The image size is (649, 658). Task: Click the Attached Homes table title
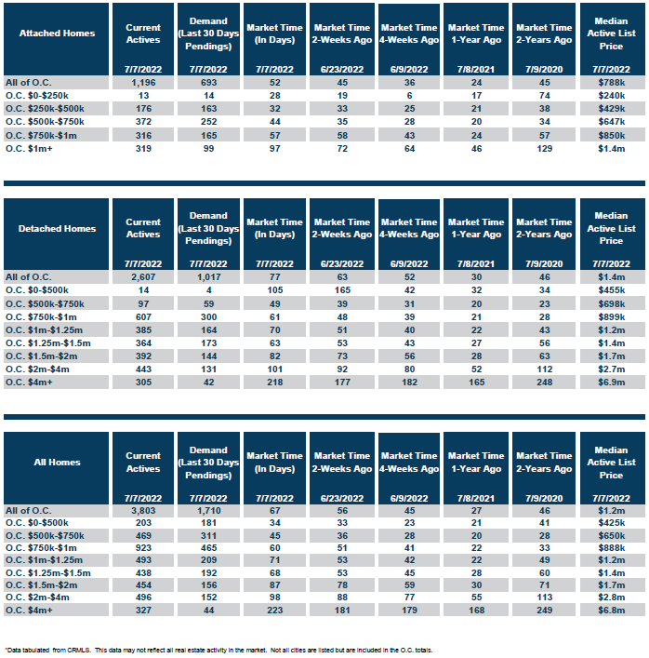click(57, 34)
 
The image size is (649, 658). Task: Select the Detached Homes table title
click(57, 229)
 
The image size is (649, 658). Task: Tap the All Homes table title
click(57, 462)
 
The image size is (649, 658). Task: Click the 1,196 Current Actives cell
click(143, 83)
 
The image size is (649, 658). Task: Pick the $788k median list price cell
click(611, 83)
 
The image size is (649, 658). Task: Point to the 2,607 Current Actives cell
click(143, 277)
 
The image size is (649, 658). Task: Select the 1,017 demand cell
click(209, 277)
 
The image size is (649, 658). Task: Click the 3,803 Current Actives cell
click(143, 511)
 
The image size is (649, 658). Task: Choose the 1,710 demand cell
click(209, 511)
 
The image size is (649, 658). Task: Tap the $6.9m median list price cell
click(611, 383)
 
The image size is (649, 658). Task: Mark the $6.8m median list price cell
click(611, 611)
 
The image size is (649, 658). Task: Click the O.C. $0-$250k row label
click(37, 96)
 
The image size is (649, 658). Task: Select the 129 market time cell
click(544, 149)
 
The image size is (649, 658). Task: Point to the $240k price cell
click(611, 96)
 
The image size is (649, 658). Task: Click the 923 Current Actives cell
click(143, 547)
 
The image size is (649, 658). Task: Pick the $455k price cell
click(611, 290)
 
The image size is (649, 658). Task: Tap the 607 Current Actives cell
click(143, 317)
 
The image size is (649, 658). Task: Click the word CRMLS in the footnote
click(79, 650)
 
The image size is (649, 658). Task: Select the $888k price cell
click(611, 547)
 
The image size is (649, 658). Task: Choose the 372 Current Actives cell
click(143, 122)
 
